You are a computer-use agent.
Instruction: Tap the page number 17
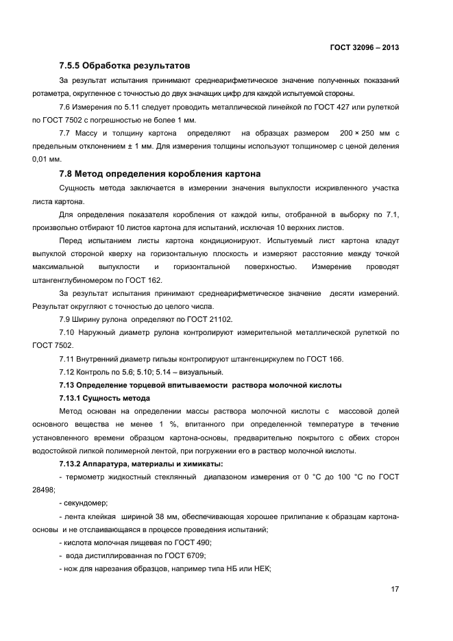tap(395, 589)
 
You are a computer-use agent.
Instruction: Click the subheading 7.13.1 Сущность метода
tap(105, 398)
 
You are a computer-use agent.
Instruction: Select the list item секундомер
tap(86, 503)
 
